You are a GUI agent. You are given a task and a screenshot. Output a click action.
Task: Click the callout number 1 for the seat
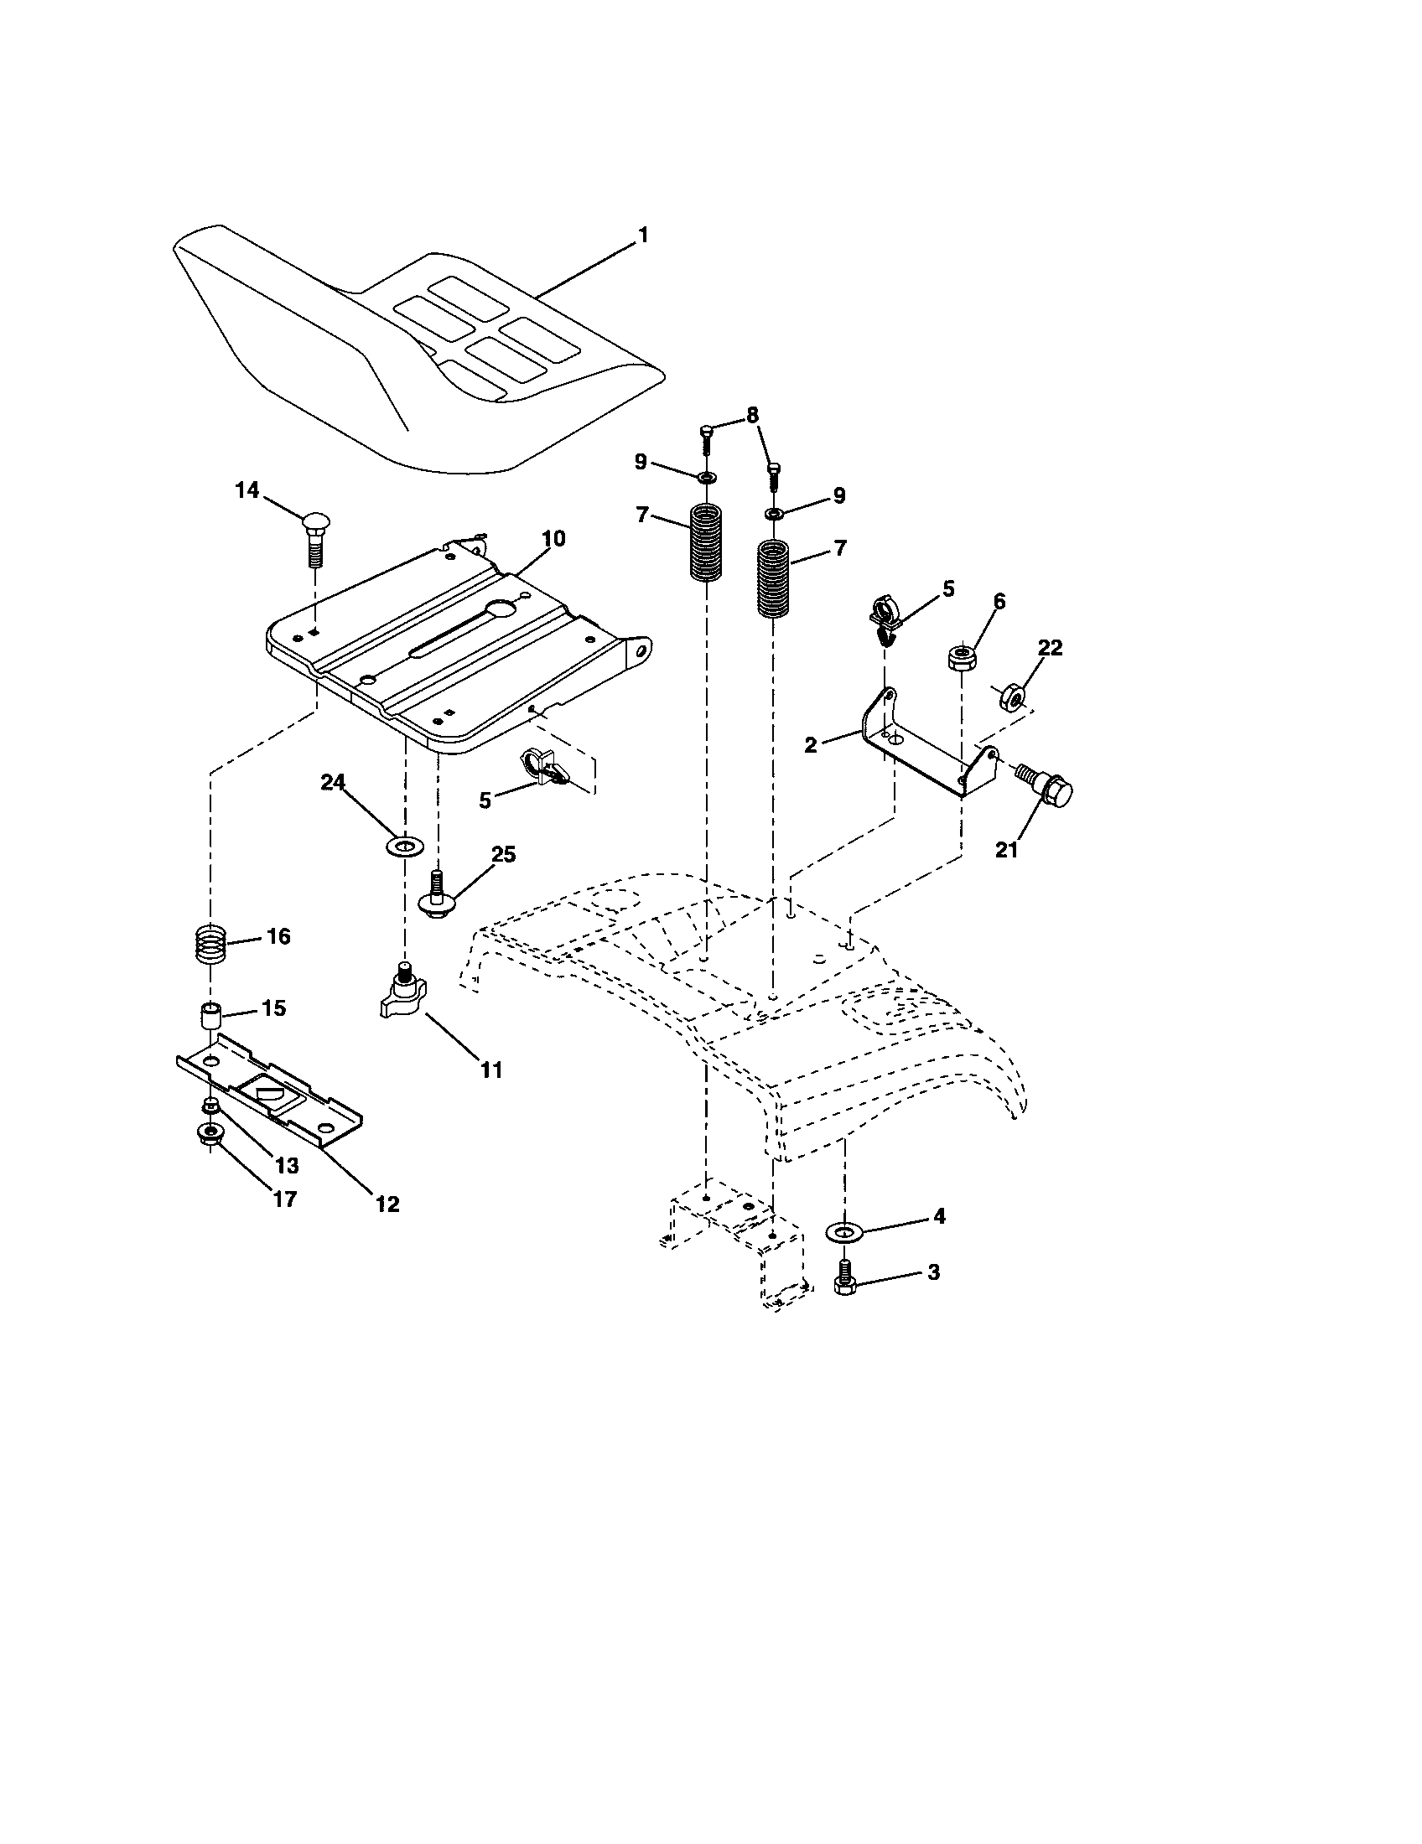(643, 236)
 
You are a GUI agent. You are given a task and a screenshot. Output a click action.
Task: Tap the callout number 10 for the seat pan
(553, 539)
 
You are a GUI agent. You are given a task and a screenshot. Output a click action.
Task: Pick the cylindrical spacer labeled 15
(210, 1014)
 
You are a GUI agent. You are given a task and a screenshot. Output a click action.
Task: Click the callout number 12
(387, 1204)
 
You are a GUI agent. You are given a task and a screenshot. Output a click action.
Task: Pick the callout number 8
(751, 416)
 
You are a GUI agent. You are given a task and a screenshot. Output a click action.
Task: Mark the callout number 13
(287, 1166)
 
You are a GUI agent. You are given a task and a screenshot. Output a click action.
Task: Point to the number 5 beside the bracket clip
(947, 588)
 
